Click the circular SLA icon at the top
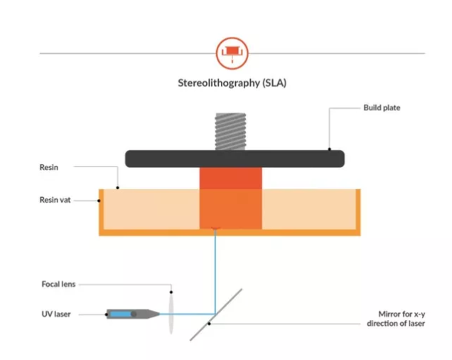point(232,53)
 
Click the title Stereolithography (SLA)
point(232,83)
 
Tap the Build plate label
point(382,107)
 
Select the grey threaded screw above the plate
point(230,132)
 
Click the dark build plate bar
point(235,159)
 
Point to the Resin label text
point(49,167)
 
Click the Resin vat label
point(55,200)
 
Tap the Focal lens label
point(58,285)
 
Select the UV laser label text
point(56,314)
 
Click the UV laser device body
point(133,314)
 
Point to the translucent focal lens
point(171,314)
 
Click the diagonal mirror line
point(216,314)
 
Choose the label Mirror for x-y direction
point(396,319)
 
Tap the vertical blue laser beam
point(215,271)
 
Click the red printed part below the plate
point(230,198)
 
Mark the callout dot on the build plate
point(330,149)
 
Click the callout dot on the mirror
point(209,324)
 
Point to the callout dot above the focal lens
point(171,292)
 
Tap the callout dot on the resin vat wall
point(99,201)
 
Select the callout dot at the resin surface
point(117,188)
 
